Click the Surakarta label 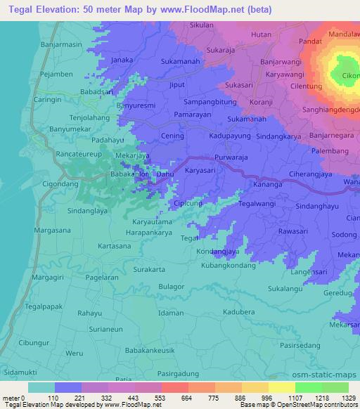click(149, 270)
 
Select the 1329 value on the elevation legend click(337, 398)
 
